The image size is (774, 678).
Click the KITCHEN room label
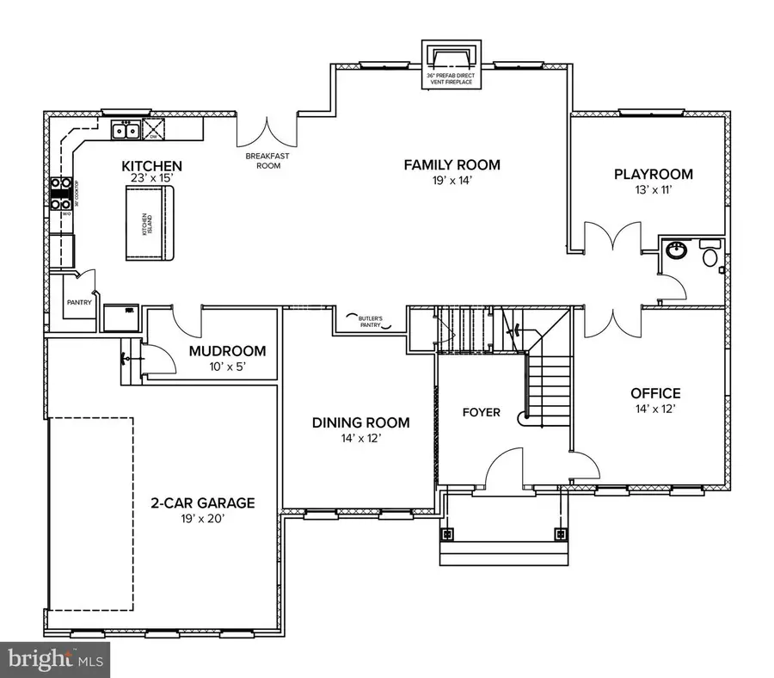click(150, 166)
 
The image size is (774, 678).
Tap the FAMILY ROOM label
click(451, 165)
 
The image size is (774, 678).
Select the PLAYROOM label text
click(653, 175)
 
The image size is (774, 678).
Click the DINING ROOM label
click(360, 422)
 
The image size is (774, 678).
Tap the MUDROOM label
click(227, 351)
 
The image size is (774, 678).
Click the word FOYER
click(481, 412)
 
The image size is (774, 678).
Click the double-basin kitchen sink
click(127, 132)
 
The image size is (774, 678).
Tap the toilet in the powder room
click(711, 256)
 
